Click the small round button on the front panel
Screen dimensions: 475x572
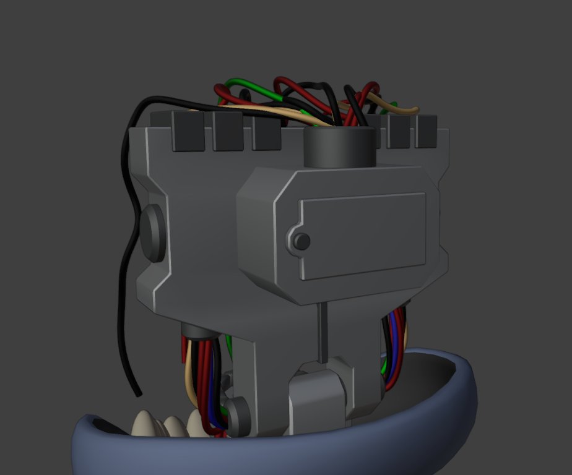pyautogui.click(x=301, y=241)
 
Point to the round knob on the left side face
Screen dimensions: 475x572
pyautogui.click(x=152, y=233)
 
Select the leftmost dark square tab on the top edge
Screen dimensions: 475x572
pyautogui.click(x=188, y=131)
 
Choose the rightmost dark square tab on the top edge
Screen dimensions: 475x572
pyautogui.click(x=426, y=131)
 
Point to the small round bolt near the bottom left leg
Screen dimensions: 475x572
pyautogui.click(x=236, y=409)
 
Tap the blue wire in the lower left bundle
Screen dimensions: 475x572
pyautogui.click(x=216, y=396)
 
